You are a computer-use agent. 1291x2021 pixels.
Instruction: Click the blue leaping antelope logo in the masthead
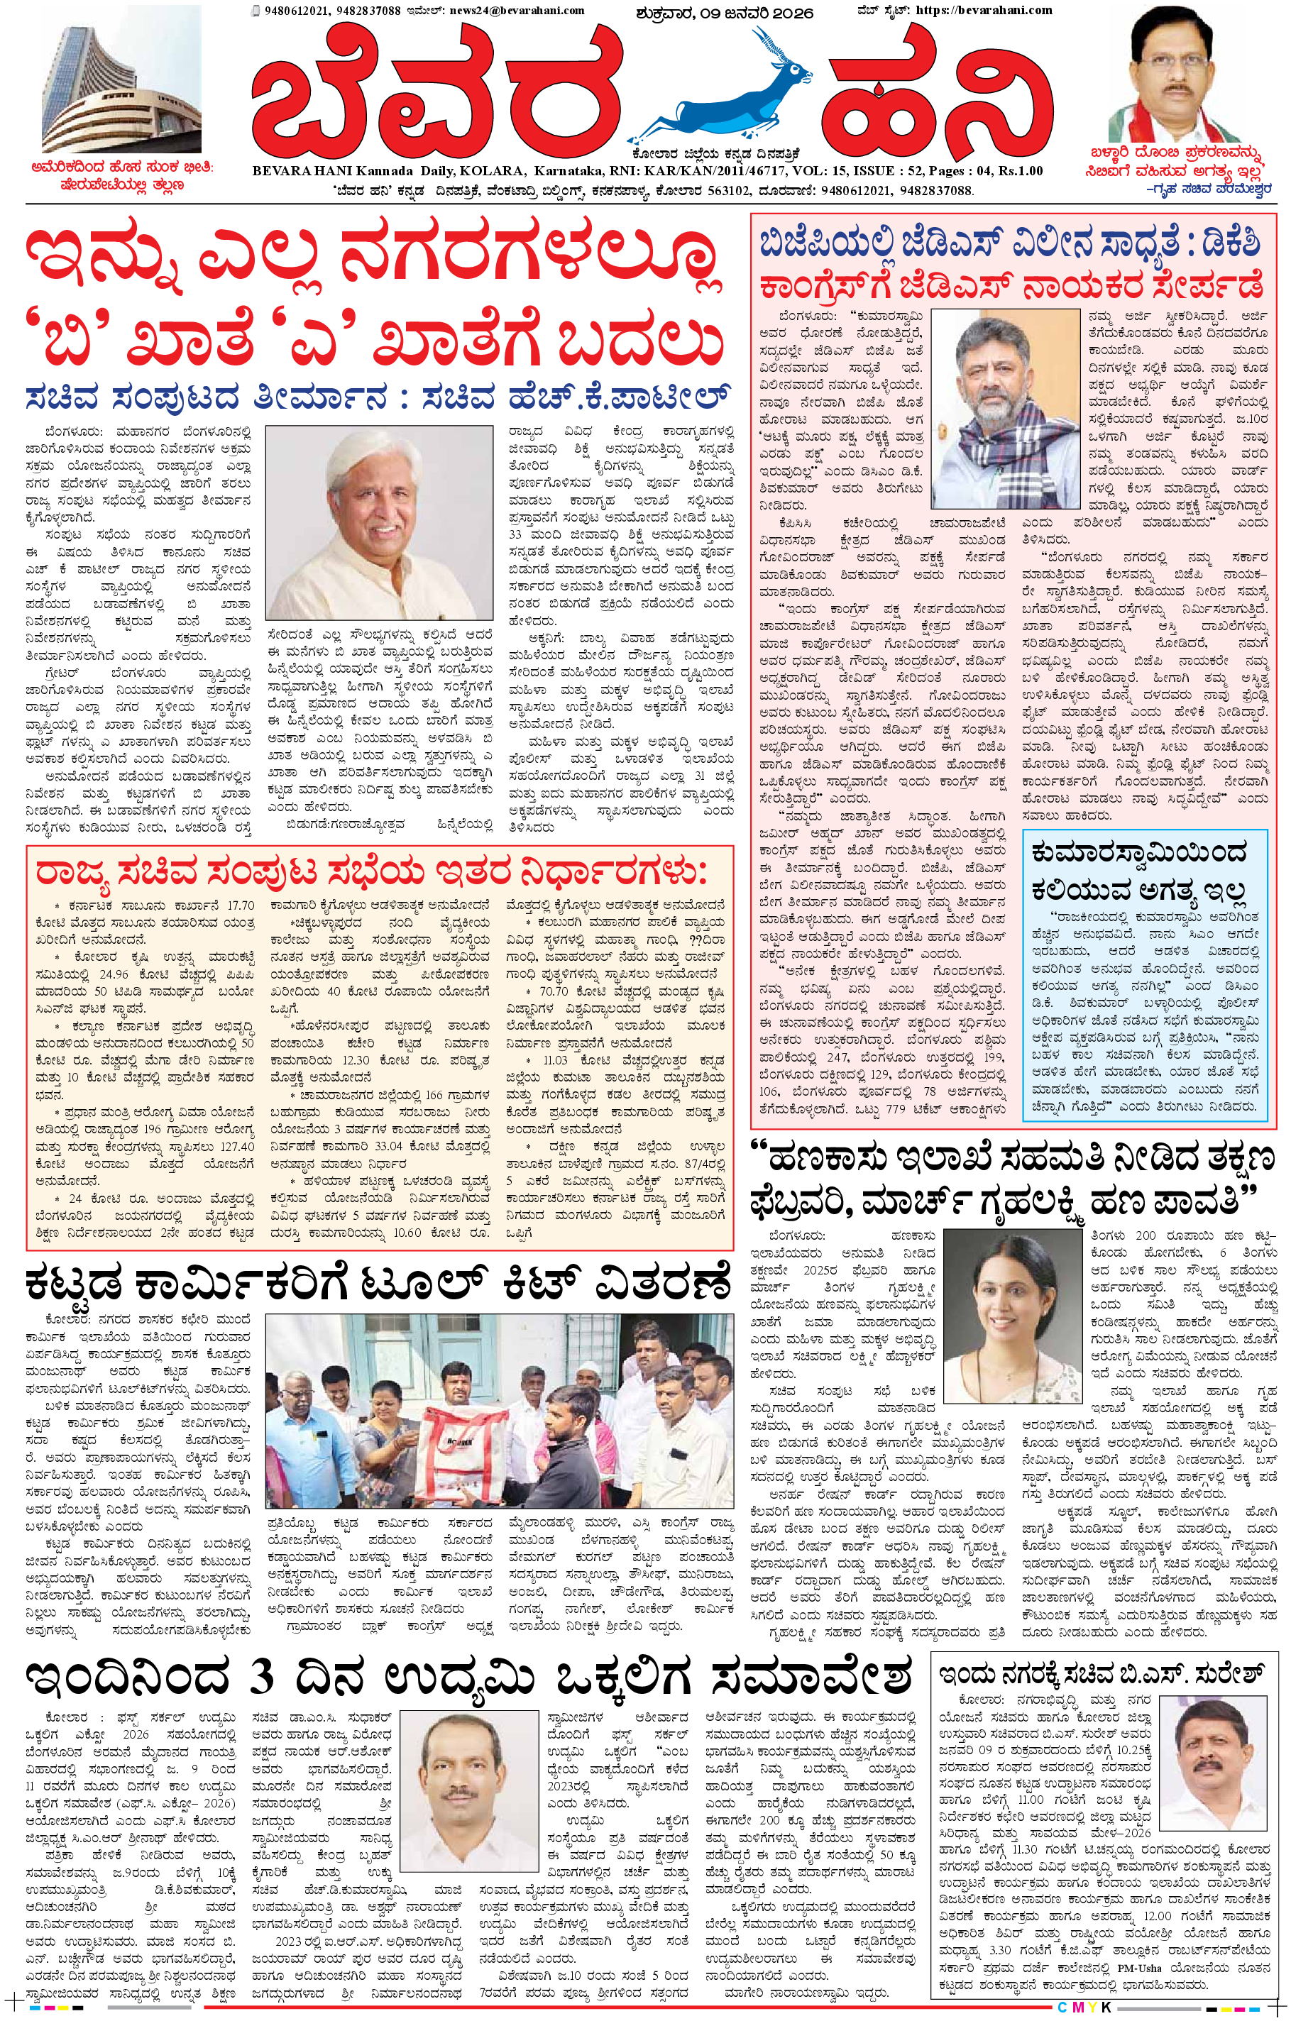[x=725, y=92]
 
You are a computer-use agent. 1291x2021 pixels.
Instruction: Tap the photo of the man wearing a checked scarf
[x=1005, y=409]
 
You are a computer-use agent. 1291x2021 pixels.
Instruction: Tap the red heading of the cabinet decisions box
[x=369, y=872]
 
